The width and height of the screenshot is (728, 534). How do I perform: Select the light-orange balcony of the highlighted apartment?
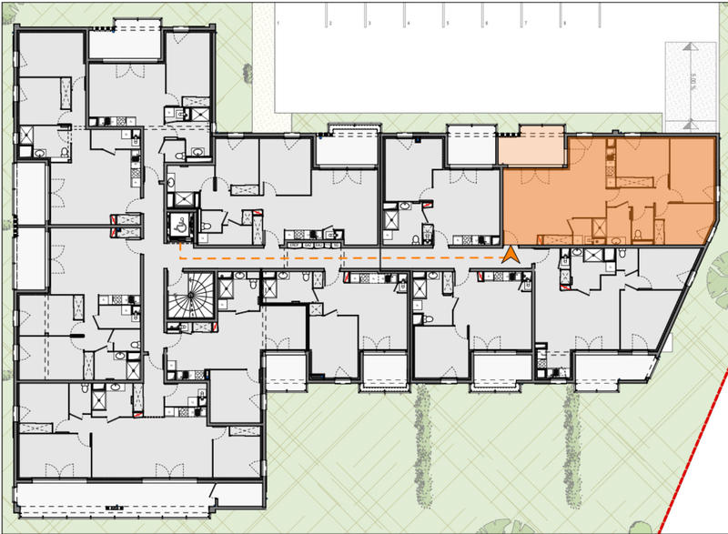(x=532, y=150)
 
